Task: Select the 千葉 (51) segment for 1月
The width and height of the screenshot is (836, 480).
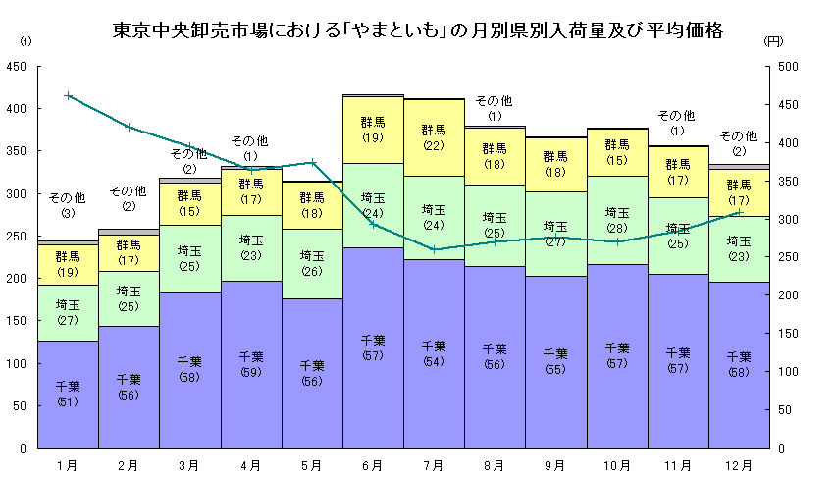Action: tap(68, 393)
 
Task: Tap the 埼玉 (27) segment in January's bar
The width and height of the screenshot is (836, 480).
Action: tap(68, 313)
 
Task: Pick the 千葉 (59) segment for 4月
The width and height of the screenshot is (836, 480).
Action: tap(251, 364)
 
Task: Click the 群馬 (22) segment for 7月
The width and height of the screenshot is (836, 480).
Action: tap(434, 137)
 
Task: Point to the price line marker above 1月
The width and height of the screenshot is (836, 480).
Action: tap(68, 95)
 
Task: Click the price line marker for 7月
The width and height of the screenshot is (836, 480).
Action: tap(434, 249)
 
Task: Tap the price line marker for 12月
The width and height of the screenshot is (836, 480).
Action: tap(739, 212)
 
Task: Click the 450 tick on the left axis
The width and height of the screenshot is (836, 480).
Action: tap(17, 67)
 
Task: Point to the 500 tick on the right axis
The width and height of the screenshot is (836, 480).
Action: tap(789, 67)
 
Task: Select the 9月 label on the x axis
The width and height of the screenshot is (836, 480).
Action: tap(555, 464)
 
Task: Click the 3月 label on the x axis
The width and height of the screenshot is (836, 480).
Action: tap(189, 464)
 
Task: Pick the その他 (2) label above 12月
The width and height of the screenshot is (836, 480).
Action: tap(738, 142)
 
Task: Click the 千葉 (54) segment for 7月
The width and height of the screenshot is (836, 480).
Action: tap(434, 353)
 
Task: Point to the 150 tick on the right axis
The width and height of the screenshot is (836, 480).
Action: tap(789, 334)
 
